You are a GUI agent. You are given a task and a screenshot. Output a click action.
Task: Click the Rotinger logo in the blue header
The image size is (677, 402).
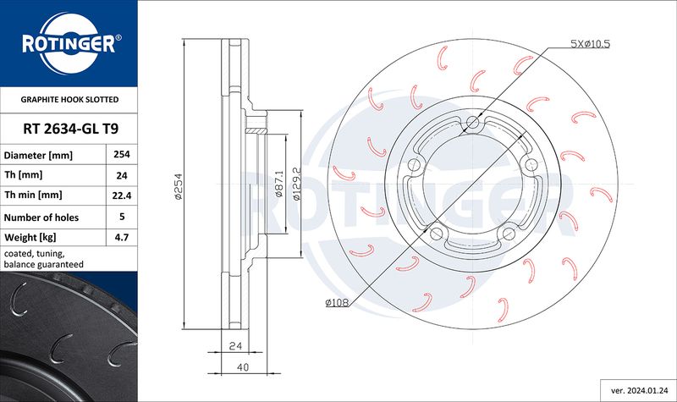pos(69,43)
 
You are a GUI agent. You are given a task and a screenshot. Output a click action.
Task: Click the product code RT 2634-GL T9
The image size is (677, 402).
pos(71,129)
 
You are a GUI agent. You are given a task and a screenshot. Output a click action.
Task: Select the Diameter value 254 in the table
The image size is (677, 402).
pos(122,154)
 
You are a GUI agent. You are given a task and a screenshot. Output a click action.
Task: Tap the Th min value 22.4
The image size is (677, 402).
pos(122,195)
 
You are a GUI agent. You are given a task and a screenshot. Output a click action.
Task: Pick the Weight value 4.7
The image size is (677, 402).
pos(122,237)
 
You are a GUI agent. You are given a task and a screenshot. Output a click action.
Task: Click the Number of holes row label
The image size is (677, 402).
pos(41,218)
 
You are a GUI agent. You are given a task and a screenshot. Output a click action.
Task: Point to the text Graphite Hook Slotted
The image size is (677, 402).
pos(69,99)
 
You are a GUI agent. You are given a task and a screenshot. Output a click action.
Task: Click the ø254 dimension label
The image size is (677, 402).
pos(179,186)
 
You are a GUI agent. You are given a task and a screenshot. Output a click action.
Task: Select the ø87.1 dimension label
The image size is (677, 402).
pos(279,184)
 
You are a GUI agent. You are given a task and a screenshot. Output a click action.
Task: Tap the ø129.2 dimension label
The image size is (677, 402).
pos(297,184)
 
